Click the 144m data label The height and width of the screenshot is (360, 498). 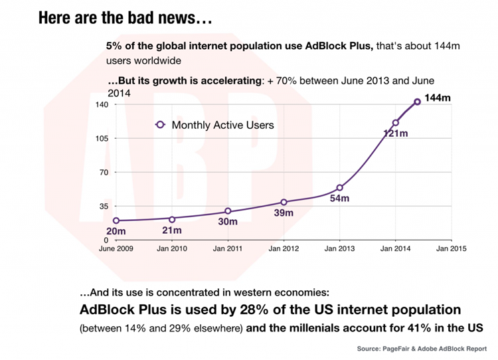(437, 98)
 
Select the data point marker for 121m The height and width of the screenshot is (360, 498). (395, 123)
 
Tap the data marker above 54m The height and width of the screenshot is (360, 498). (339, 188)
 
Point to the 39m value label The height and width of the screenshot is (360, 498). (284, 213)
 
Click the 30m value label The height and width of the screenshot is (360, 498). (228, 222)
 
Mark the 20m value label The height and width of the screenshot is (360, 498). (116, 231)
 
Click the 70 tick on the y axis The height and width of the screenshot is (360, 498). (104, 172)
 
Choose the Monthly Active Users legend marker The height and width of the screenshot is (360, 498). (159, 124)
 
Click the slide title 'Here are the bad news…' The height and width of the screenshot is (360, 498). (125, 18)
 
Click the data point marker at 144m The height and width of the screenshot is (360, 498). (417, 102)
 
